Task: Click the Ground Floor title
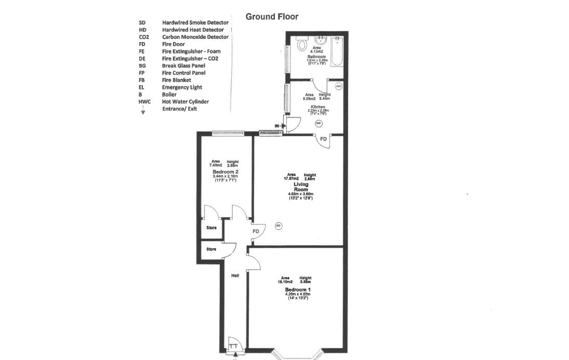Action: click(272, 17)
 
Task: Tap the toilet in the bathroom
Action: click(301, 45)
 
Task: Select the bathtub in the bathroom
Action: click(337, 51)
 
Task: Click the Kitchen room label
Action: click(317, 106)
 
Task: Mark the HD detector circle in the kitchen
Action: click(319, 123)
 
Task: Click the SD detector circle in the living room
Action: click(279, 225)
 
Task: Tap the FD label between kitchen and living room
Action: click(323, 139)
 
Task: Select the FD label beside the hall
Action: click(256, 231)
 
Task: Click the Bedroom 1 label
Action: click(298, 289)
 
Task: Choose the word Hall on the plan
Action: click(235, 275)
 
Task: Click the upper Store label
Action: click(211, 228)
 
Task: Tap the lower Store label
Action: click(211, 249)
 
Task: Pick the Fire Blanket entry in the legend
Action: click(176, 80)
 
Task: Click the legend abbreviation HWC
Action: click(144, 102)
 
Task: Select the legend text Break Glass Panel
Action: click(183, 65)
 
